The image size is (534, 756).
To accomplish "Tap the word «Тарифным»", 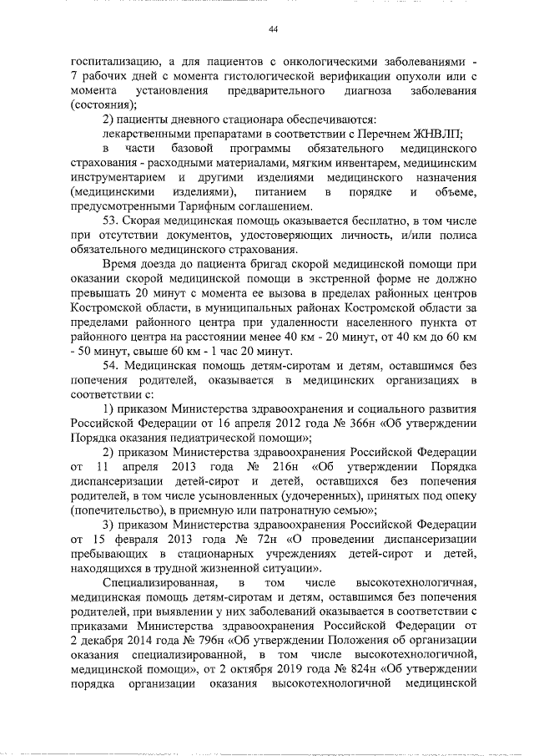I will [219, 206].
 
